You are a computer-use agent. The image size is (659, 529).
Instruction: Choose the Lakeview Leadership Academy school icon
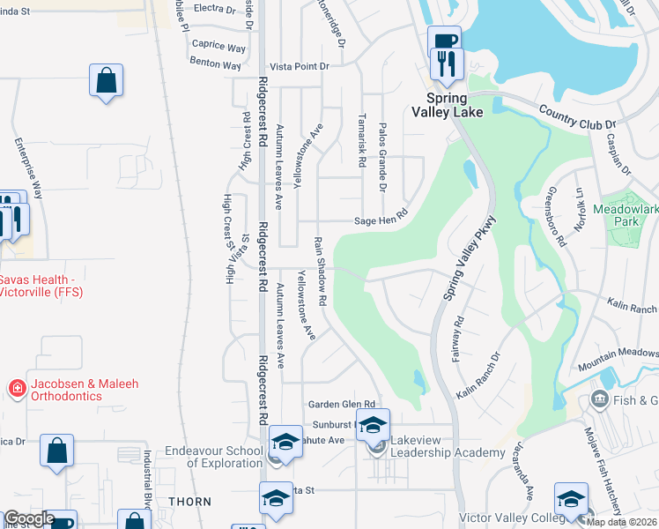(373, 425)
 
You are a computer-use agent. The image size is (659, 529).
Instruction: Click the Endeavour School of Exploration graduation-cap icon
(285, 442)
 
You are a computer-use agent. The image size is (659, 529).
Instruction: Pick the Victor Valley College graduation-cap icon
(571, 498)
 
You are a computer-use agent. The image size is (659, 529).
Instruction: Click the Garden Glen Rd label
(342, 404)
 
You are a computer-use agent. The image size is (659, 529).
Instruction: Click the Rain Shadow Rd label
(321, 271)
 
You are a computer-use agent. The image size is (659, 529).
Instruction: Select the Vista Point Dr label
(299, 66)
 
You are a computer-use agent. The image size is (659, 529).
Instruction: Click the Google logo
(28, 518)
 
